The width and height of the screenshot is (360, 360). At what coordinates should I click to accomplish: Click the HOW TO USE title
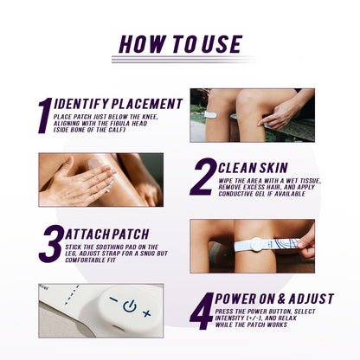pos(181,44)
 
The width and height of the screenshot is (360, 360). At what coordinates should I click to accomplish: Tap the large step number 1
pos(45,115)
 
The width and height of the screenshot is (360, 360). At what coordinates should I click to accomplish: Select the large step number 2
pos(202,177)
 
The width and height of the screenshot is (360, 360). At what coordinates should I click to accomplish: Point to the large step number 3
pos(51,243)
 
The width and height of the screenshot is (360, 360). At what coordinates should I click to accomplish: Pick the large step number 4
pos(202,311)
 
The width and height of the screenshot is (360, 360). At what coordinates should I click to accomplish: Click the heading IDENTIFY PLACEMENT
pos(119,104)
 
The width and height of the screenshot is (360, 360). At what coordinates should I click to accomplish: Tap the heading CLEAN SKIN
pos(253,168)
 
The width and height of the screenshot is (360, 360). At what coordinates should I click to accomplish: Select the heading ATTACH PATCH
pos(107,235)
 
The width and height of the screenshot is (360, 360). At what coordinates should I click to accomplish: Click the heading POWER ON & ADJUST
pos(274,299)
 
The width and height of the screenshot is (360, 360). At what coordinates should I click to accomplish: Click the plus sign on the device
pos(147,313)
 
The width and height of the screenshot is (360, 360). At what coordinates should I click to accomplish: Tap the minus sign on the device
pos(113,300)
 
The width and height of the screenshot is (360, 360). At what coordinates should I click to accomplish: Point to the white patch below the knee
pos(210,115)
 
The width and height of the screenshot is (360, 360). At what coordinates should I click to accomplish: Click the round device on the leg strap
pos(255,245)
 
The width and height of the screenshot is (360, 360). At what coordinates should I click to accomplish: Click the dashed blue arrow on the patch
pos(72,295)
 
